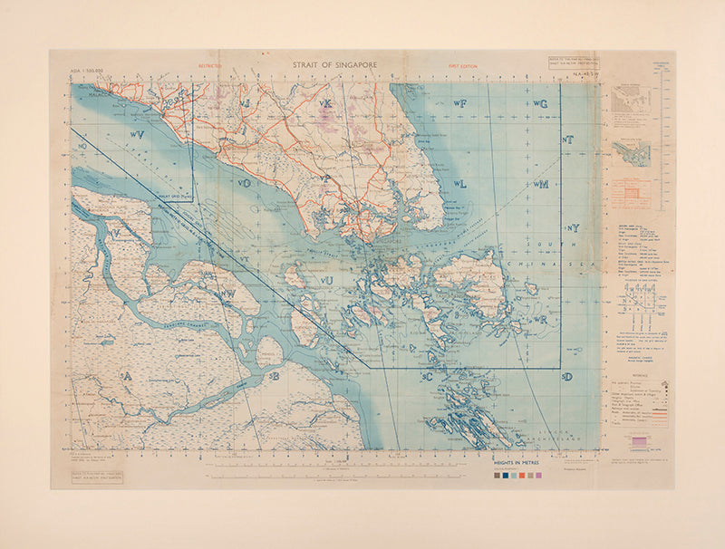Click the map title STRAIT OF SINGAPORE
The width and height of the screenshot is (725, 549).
click(334, 65)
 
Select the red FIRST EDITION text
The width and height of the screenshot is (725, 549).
click(463, 66)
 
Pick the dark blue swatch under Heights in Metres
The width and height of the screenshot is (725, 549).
click(497, 474)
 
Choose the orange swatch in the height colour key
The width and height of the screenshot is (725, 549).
click(521, 474)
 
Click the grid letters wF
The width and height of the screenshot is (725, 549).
click(459, 105)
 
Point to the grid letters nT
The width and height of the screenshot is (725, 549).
click(568, 140)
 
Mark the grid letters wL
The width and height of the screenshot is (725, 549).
click(459, 183)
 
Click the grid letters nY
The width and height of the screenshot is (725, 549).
click(572, 227)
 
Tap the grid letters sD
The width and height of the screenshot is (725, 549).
click(566, 376)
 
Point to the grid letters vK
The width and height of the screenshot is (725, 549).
click(325, 104)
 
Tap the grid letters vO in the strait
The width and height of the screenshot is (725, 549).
click(244, 183)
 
